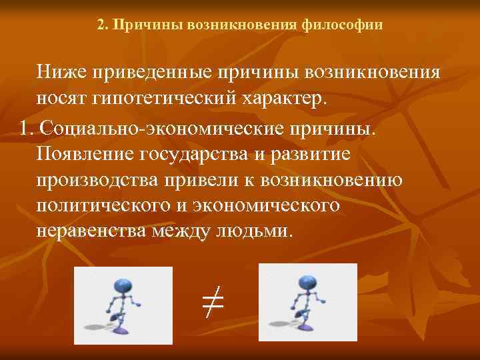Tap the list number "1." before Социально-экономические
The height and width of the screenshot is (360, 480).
click(x=27, y=127)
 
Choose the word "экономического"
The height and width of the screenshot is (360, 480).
click(x=269, y=206)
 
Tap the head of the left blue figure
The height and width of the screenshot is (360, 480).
click(x=123, y=286)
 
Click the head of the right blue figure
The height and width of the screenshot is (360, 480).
click(x=307, y=283)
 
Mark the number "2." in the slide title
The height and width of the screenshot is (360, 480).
click(x=102, y=25)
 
